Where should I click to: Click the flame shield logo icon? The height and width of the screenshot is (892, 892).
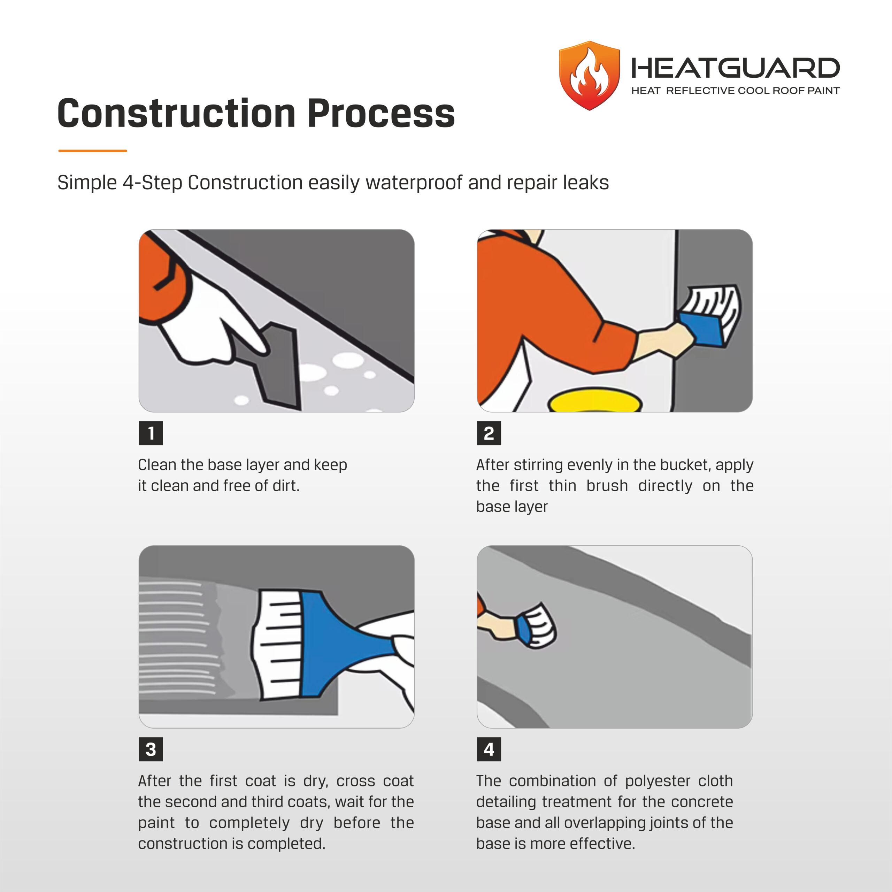pos(589,76)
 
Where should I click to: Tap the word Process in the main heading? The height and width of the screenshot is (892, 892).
pos(381,113)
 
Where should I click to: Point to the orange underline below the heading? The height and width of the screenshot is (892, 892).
pos(92,151)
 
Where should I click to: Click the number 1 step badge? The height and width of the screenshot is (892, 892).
pos(151,433)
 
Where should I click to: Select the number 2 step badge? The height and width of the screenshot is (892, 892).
pos(489,433)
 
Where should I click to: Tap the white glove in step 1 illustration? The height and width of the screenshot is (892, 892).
pos(213,318)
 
